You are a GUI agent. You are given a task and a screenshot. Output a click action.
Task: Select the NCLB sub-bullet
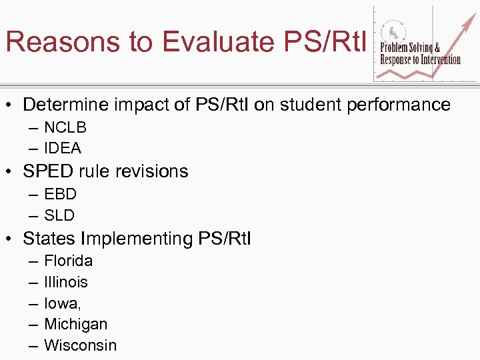[x=65, y=127]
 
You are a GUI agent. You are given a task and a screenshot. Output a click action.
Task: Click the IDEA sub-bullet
[x=63, y=148]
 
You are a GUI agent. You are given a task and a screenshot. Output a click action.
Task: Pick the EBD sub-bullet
[x=61, y=194]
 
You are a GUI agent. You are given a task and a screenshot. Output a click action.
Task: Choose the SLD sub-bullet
[x=59, y=215]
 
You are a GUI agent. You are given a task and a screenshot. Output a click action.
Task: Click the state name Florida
[x=68, y=261]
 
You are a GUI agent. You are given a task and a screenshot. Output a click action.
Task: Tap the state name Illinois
[x=66, y=282]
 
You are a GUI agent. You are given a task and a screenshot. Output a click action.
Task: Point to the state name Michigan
[x=75, y=324]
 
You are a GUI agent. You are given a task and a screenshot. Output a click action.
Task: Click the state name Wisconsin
[x=80, y=345]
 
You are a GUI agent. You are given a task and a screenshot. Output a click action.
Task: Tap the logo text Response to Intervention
[x=420, y=59]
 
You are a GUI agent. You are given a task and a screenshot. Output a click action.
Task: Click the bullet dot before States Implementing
[x=11, y=239]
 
